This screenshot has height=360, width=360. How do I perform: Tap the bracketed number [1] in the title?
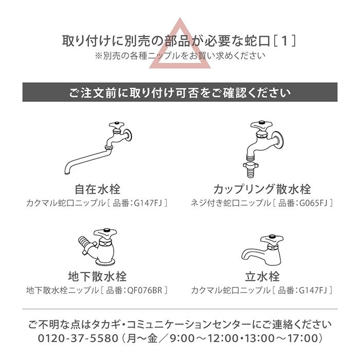click(x=285, y=40)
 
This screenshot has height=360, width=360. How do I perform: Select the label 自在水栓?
click(x=97, y=188)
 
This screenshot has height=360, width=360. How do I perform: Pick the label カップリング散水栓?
click(x=262, y=188)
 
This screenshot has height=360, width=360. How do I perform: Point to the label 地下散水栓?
click(x=97, y=277)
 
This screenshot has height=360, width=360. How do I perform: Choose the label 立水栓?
click(x=262, y=277)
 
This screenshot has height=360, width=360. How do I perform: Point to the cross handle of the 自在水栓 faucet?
click(x=116, y=127)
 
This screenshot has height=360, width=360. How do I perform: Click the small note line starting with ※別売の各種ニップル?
click(x=180, y=55)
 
